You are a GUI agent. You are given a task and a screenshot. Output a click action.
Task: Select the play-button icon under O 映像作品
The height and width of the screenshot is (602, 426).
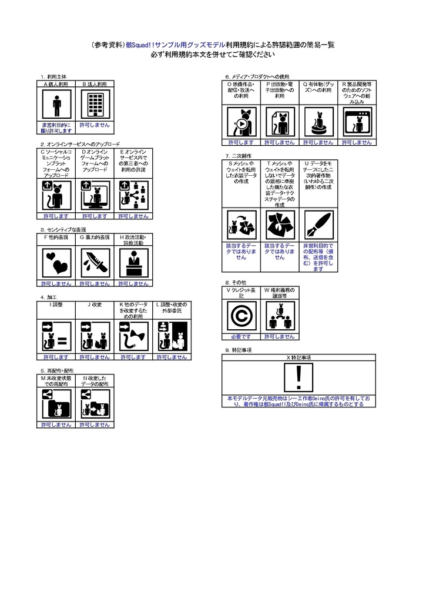pyautogui.click(x=241, y=123)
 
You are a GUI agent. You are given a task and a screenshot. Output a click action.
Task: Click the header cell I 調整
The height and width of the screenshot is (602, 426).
pyautogui.click(x=56, y=305)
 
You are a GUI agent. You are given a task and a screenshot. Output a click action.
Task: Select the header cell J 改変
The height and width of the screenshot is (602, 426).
pyautogui.click(x=95, y=305)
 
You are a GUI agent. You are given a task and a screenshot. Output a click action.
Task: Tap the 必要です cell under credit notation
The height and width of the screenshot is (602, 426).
pyautogui.click(x=240, y=337)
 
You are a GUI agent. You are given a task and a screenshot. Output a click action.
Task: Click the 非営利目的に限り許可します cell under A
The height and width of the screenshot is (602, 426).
pyautogui.click(x=56, y=128)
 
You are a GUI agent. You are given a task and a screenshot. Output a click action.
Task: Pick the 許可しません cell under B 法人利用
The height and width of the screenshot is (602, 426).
pyautogui.click(x=95, y=125)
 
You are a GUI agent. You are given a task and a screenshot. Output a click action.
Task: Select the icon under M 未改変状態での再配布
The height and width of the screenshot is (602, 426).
pyautogui.click(x=56, y=404)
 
